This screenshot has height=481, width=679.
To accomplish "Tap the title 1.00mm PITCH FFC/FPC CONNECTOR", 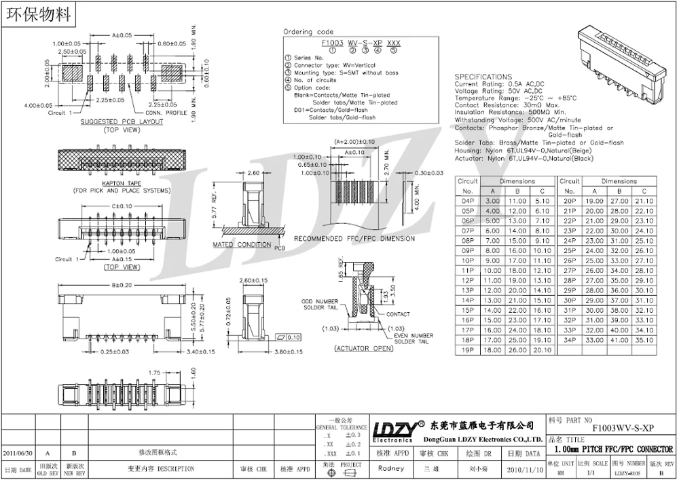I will (614, 449).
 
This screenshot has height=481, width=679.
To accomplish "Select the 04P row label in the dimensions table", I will (468, 201).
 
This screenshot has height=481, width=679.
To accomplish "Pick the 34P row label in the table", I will (569, 340).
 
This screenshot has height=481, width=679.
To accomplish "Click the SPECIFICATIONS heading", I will (483, 77).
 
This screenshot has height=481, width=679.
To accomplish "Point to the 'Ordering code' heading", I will (308, 32).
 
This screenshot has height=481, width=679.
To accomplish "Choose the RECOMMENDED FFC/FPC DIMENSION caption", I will (354, 239).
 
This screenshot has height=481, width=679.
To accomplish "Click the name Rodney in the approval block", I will (390, 469).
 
